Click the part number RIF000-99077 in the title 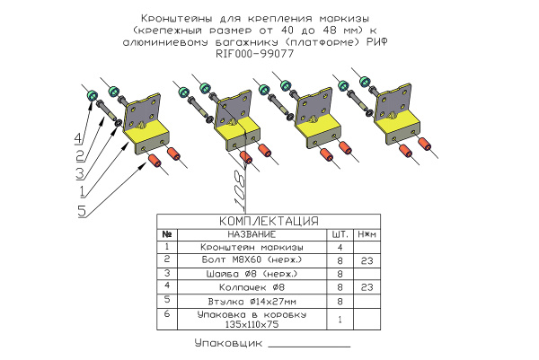click(255, 54)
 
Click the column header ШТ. click(340, 234)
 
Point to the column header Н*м click(366, 234)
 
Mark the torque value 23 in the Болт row click(366, 259)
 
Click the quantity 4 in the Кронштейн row click(340, 246)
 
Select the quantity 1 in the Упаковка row click(340, 319)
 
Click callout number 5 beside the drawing click(82, 210)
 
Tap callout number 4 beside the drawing click(78, 138)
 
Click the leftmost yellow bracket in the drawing click(144, 135)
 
